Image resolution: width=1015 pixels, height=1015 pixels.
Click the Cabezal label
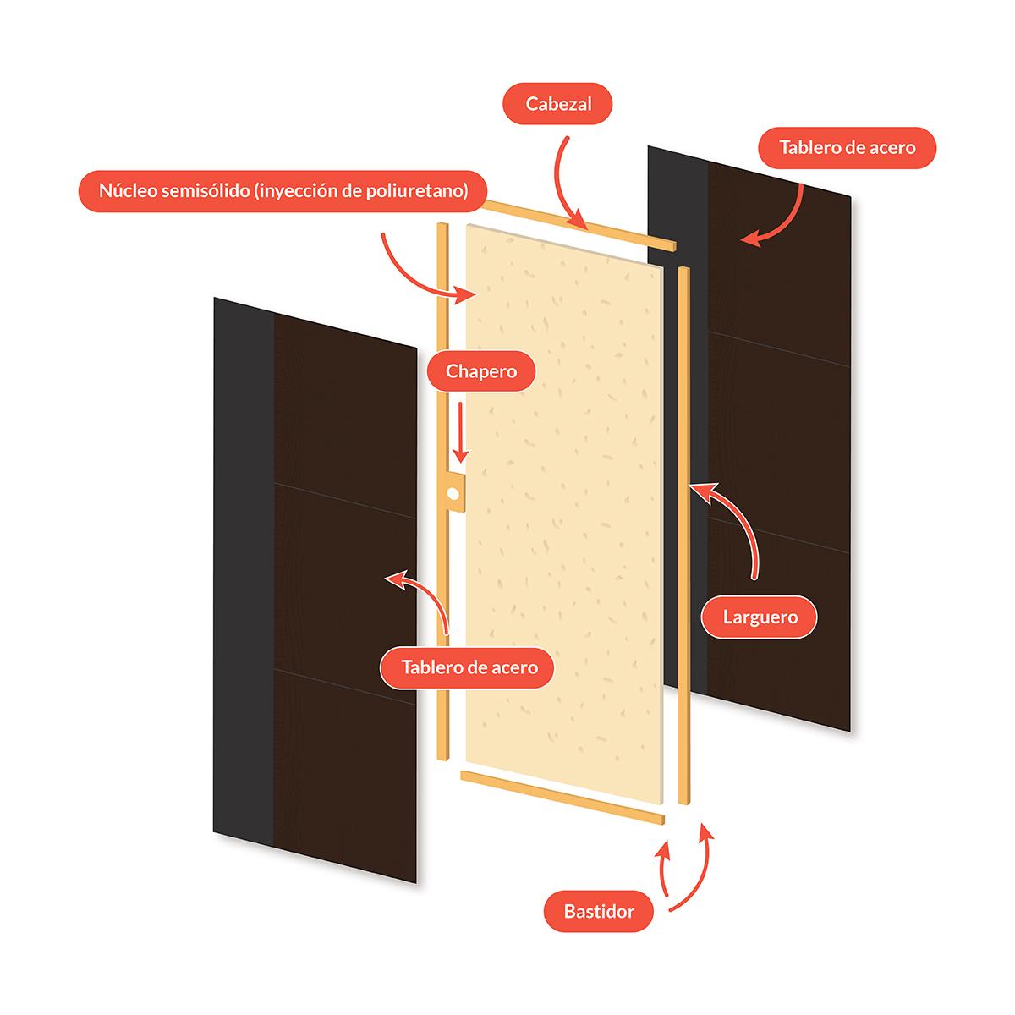pyautogui.click(x=558, y=105)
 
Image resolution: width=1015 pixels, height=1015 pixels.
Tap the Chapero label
pyautogui.click(x=480, y=371)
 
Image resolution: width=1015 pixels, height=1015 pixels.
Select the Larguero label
pyautogui.click(x=760, y=617)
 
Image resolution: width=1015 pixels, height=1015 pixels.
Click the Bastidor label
pyautogui.click(x=599, y=911)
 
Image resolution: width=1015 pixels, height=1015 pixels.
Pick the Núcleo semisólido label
pyautogui.click(x=283, y=191)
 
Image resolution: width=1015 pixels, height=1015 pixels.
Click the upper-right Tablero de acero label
pyautogui.click(x=847, y=148)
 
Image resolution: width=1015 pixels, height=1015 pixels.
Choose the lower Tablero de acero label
pyautogui.click(x=469, y=667)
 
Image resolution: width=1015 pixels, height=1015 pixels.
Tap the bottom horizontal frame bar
pyautogui.click(x=562, y=796)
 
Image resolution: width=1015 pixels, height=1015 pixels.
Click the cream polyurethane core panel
pyautogui.click(x=575, y=507)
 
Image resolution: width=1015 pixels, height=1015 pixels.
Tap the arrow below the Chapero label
pyautogui.click(x=459, y=431)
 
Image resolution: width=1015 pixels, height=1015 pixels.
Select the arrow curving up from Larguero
pyautogui.click(x=736, y=524)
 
